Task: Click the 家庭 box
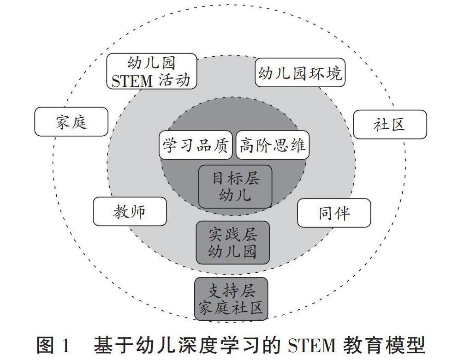pyautogui.click(x=71, y=122)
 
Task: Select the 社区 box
pyautogui.click(x=390, y=124)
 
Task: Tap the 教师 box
pyautogui.click(x=130, y=211)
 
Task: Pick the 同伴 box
pyautogui.click(x=334, y=213)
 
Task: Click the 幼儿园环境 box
pyautogui.click(x=300, y=72)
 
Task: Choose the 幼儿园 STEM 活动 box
pyautogui.click(x=152, y=71)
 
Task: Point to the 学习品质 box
pyautogui.click(x=196, y=145)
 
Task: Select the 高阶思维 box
pyautogui.click(x=272, y=145)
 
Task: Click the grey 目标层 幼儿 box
pyautogui.click(x=235, y=186)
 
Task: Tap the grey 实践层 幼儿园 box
pyautogui.click(x=232, y=242)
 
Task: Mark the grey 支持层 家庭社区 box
pyautogui.click(x=231, y=299)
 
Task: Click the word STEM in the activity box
pyautogui.click(x=132, y=80)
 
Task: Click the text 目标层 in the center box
pyautogui.click(x=235, y=178)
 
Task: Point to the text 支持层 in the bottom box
pyautogui.click(x=231, y=291)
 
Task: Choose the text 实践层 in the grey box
pyautogui.click(x=232, y=234)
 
